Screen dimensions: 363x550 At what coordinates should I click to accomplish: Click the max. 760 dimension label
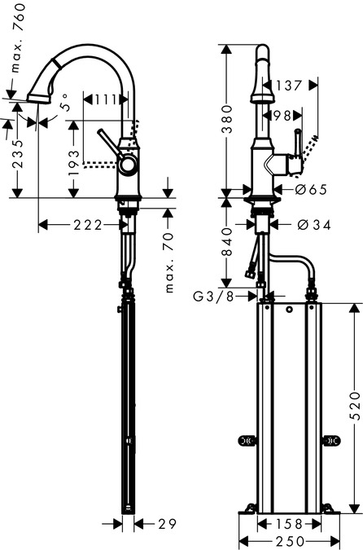[19, 37]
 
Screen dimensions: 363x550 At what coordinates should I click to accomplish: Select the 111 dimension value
[105, 100]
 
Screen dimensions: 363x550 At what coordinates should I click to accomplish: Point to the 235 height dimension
[18, 154]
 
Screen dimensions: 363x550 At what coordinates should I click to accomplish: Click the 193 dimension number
[74, 163]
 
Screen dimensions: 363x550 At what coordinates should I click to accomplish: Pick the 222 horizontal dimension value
[88, 225]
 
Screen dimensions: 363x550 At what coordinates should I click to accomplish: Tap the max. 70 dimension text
[169, 262]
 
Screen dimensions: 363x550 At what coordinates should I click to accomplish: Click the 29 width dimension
[167, 524]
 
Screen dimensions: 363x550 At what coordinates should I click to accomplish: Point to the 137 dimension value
[288, 86]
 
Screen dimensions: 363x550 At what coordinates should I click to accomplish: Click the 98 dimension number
[282, 116]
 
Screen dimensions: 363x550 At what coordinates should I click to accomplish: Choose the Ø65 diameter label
[310, 189]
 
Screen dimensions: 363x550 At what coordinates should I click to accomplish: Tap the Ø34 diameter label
[313, 225]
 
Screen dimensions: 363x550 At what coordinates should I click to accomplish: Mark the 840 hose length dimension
[227, 242]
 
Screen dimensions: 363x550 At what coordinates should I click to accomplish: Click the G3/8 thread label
[213, 297]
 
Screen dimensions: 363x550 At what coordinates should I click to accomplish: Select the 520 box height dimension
[355, 407]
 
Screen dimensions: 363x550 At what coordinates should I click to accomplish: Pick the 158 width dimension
[289, 524]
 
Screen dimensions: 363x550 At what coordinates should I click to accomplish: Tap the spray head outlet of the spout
[38, 98]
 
